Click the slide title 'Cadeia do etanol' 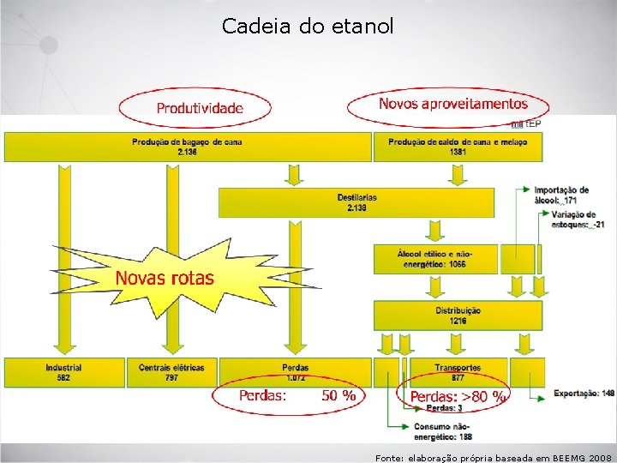[308, 27]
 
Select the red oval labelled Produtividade [199, 108]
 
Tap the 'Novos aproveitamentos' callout [452, 104]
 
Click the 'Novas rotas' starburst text [165, 278]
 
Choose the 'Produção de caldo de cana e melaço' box [457, 147]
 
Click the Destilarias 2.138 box [356, 202]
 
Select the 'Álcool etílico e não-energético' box [434, 259]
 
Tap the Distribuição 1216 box [458, 315]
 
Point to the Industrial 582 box [63, 372]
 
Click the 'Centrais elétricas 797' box [171, 372]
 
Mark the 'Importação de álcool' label [561, 195]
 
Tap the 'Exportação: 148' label [584, 394]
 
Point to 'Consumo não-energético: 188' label [442, 431]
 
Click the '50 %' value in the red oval [338, 395]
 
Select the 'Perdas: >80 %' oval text [458, 396]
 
